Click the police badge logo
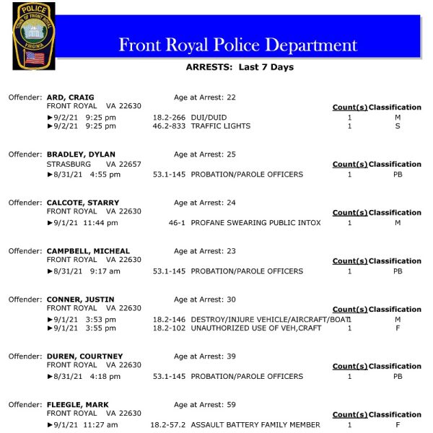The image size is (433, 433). pos(33,36)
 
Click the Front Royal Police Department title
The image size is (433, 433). pos(237,45)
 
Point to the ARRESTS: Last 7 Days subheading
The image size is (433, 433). pos(240,68)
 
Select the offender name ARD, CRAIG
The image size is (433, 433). pos(70,97)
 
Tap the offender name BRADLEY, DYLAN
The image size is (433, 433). pos(81,154)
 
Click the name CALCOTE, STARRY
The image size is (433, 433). pos(83,203)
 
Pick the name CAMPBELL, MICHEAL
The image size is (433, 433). pos(88,251)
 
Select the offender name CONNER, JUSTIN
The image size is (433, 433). pos(79,299)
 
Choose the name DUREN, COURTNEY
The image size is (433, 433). pos(84,357)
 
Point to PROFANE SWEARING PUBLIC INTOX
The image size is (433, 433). pos(255,223)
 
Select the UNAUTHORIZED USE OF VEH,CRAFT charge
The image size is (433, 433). pos(256,328)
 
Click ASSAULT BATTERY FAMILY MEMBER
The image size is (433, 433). pos(255,425)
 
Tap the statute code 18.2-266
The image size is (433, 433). pos(170,117)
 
